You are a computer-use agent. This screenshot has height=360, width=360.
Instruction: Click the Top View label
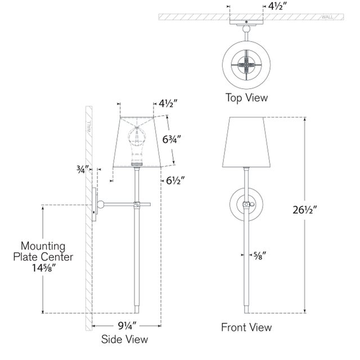[246, 97]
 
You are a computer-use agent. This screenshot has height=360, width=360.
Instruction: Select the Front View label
[246, 327]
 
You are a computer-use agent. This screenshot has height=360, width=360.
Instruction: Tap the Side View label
[125, 339]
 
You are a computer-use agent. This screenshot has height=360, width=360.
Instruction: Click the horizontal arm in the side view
[119, 203]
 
